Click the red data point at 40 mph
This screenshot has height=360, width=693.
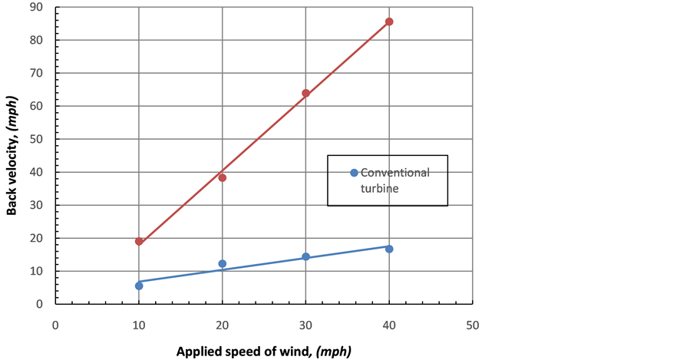coord(389,21)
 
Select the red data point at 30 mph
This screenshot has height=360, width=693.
coord(305,93)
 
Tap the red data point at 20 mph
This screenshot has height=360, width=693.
coord(223,177)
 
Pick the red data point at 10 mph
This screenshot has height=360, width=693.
coord(139,241)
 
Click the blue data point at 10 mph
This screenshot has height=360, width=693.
coord(139,286)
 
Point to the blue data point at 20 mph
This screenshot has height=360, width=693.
coord(223,263)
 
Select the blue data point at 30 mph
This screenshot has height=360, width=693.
coord(305,256)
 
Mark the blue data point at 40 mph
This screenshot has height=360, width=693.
coord(389,249)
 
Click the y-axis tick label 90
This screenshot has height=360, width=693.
coord(37,7)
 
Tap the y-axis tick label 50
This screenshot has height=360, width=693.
coord(37,139)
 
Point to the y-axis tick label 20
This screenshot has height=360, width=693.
coord(37,238)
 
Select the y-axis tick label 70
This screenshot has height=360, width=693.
coord(37,73)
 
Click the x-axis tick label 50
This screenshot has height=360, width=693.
coord(472,325)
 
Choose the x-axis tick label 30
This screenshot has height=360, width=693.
coord(305,325)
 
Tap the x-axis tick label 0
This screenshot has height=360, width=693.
coord(55,325)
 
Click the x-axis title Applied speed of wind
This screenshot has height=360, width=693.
coord(263,352)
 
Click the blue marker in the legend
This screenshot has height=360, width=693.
coord(354,173)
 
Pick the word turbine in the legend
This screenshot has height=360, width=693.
coord(380,189)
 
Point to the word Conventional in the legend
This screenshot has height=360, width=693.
coord(395,173)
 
